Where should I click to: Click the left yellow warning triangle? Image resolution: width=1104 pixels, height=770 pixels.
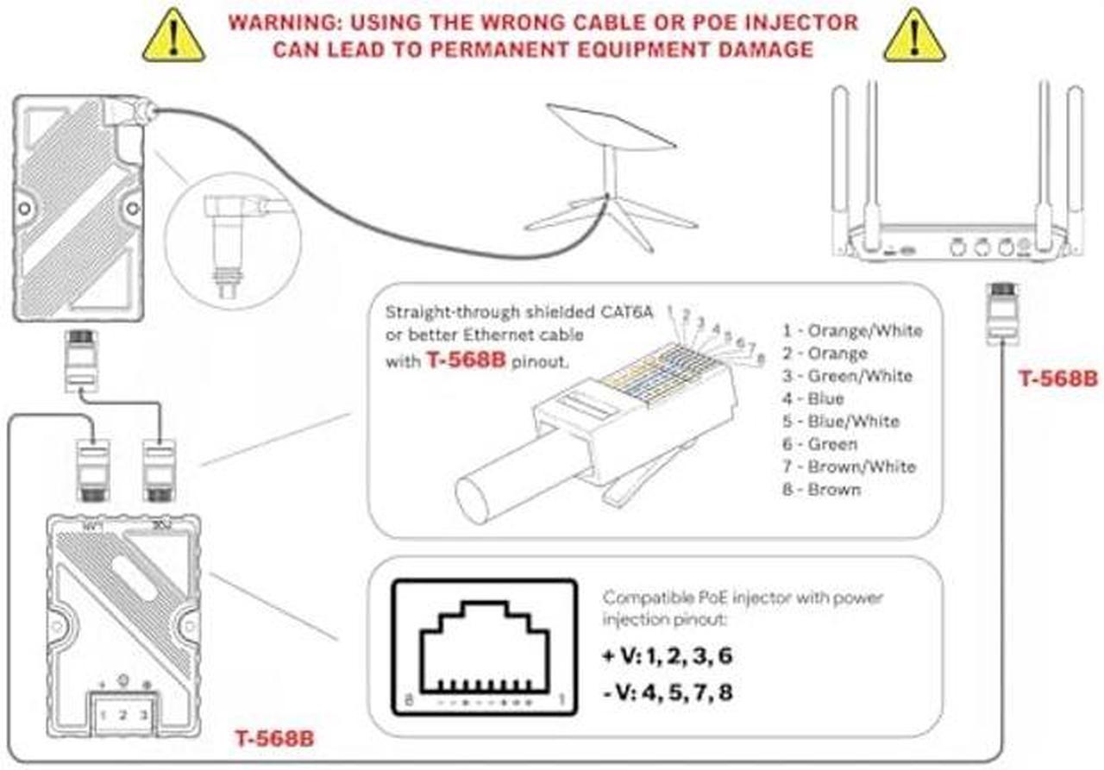(173, 36)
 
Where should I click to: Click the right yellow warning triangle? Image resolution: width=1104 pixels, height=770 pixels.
(915, 36)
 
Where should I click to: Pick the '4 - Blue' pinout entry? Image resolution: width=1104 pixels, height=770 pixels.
(813, 398)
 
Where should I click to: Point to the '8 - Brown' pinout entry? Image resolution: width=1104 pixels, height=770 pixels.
(822, 490)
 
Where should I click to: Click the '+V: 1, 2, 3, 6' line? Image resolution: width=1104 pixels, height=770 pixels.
(668, 655)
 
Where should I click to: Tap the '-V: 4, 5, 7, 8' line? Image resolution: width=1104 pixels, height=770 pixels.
(668, 691)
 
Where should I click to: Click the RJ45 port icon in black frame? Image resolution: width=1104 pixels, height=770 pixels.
(485, 646)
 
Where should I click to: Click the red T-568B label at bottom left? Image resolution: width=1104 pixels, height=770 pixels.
(274, 739)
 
